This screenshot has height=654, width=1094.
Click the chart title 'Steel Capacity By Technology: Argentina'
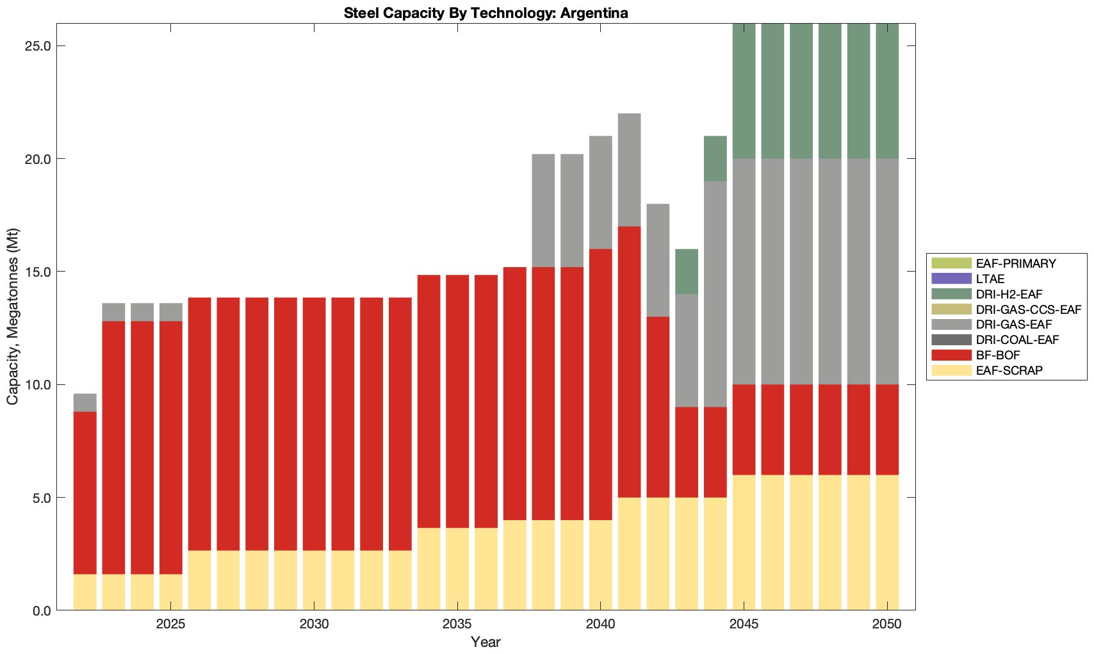click(x=486, y=13)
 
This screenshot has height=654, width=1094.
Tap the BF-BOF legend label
click(x=998, y=355)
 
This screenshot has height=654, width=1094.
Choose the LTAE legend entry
click(x=990, y=279)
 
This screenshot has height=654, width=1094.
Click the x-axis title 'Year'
click(x=486, y=642)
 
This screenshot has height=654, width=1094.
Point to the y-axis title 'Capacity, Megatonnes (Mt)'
click(x=13, y=316)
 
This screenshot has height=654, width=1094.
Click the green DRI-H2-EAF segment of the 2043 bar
click(x=687, y=272)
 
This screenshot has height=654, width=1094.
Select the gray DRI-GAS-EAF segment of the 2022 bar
click(x=85, y=402)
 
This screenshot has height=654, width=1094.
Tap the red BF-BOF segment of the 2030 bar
click(x=314, y=423)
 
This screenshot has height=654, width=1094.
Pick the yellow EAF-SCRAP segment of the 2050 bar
click(x=887, y=542)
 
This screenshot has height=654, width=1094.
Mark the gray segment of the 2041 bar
click(x=630, y=170)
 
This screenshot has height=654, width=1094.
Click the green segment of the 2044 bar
click(x=715, y=158)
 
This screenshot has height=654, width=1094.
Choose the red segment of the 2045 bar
click(x=744, y=429)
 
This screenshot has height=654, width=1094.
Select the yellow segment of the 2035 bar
click(x=457, y=569)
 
